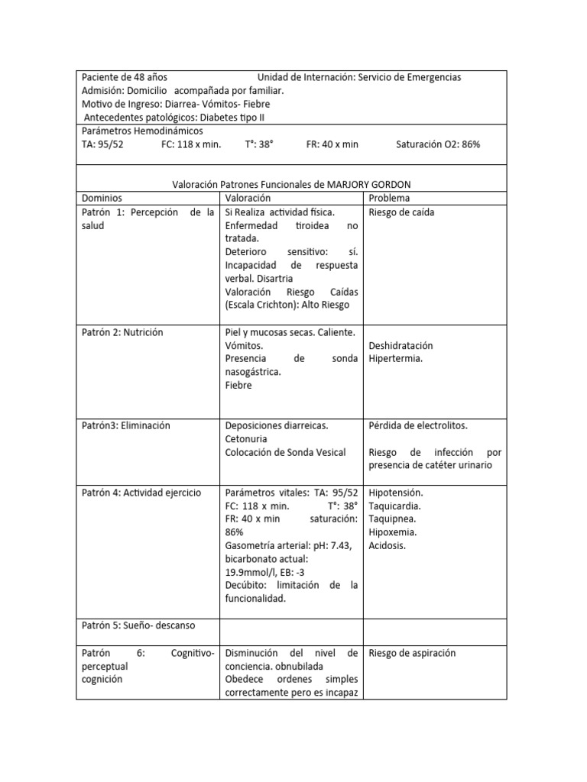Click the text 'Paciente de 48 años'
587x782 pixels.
(125, 77)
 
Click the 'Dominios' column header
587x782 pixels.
(102, 198)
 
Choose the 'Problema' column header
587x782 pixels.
(389, 198)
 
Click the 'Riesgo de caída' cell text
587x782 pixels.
(401, 212)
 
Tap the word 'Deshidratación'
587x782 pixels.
(401, 345)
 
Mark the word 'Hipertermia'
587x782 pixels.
(395, 358)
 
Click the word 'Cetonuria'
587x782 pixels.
(250, 438)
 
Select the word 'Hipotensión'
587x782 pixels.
(396, 493)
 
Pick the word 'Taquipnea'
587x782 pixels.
(393, 519)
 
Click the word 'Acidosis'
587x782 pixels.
(388, 545)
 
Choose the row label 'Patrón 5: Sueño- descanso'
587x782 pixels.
(138, 625)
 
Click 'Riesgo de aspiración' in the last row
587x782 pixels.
(412, 653)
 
